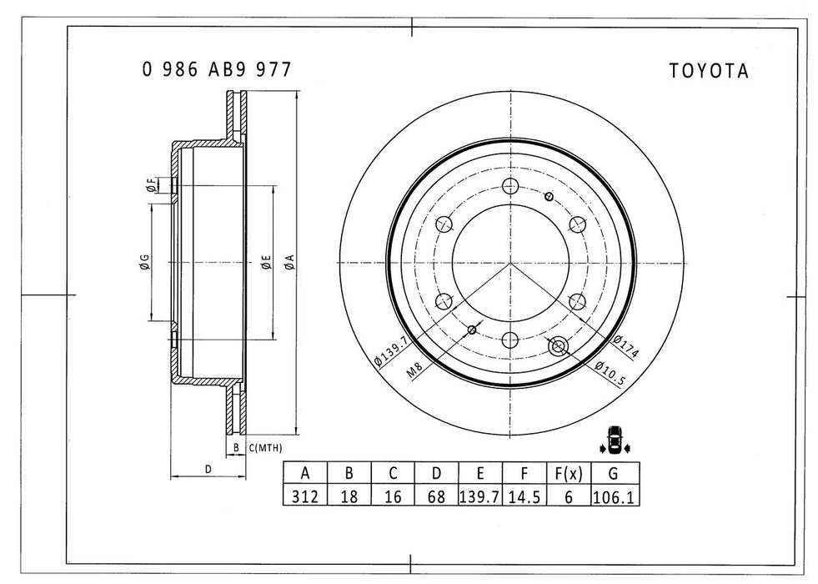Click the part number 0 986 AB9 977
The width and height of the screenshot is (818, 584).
point(216,70)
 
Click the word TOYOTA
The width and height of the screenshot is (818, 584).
point(709,72)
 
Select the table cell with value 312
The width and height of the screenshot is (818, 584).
point(305,496)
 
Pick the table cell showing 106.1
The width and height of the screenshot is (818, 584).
point(614,496)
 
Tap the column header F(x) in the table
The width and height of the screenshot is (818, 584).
point(568,473)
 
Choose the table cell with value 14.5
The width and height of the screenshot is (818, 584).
point(524,496)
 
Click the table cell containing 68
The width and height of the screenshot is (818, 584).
point(435,496)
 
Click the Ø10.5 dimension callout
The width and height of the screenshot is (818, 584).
point(612,371)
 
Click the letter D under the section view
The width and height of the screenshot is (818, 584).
point(208,469)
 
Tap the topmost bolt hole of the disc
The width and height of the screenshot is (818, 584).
point(511,187)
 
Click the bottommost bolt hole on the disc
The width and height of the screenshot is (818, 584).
point(511,339)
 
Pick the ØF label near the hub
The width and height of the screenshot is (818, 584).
point(149,185)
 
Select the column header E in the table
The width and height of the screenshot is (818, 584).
point(479,473)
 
